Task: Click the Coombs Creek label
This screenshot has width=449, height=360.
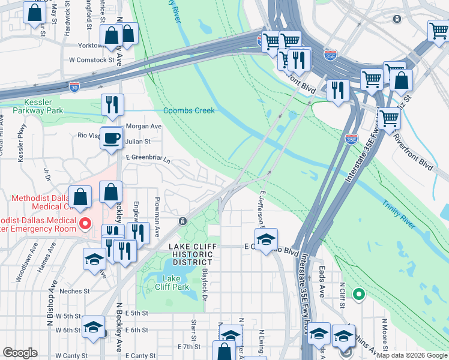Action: point(188,110)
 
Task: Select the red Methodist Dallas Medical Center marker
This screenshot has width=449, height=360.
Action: point(85,224)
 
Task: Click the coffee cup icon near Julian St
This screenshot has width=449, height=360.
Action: point(112,139)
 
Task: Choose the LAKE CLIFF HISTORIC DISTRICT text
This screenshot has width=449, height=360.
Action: point(190,254)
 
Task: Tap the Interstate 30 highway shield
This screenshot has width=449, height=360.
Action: point(74,87)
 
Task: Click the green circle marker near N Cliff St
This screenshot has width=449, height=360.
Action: point(358,294)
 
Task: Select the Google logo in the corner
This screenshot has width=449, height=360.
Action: point(20,353)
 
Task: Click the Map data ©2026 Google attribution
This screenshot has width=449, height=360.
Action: point(411,355)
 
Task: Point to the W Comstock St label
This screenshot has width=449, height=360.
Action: point(91,60)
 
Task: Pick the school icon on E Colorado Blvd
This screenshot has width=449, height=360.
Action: point(267,239)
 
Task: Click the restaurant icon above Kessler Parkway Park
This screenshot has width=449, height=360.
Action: point(112,105)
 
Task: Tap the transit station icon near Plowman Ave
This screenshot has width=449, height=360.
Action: point(182,221)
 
